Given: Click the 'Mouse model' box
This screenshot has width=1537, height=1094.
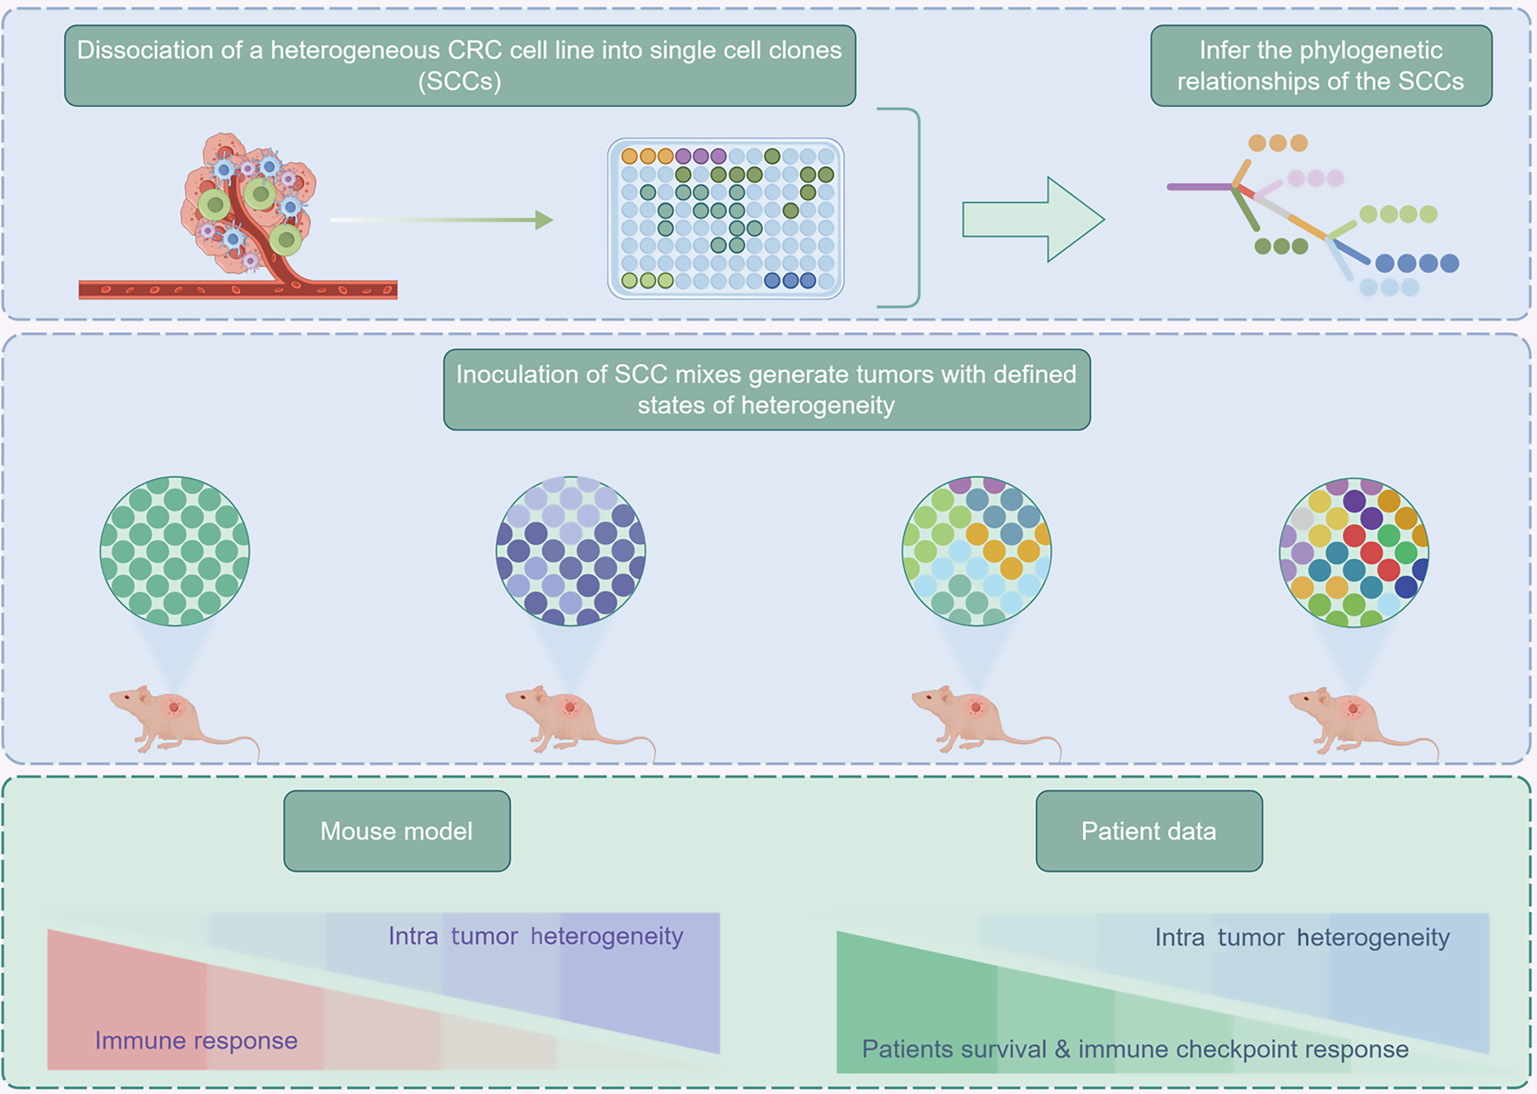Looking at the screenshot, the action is pyautogui.click(x=397, y=830).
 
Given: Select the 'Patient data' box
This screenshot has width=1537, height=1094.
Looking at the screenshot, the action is pyautogui.click(x=1149, y=830).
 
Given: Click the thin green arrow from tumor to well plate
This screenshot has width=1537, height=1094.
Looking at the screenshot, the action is pyautogui.click(x=441, y=220).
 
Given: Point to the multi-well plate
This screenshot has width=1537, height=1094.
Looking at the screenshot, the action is pyautogui.click(x=726, y=218).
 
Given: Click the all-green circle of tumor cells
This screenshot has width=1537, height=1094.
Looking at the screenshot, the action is pyautogui.click(x=174, y=551).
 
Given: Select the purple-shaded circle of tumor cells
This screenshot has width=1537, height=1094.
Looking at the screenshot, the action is pyautogui.click(x=570, y=551).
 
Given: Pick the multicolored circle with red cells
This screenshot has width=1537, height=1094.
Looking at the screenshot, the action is pyautogui.click(x=1354, y=553).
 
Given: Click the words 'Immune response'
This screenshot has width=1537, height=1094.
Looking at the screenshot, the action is pyautogui.click(x=196, y=1041).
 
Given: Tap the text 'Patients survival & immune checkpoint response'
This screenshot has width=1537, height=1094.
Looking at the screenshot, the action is pyautogui.click(x=1135, y=1049).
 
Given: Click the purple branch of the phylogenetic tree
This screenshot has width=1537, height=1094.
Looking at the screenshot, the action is pyautogui.click(x=1200, y=187).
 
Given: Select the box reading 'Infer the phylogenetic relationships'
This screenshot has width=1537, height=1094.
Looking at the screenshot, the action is pyautogui.click(x=1321, y=66).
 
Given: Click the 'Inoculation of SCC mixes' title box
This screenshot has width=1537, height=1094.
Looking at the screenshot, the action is pyautogui.click(x=766, y=389).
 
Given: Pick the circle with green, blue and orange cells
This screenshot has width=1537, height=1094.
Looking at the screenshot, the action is pyautogui.click(x=976, y=551).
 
